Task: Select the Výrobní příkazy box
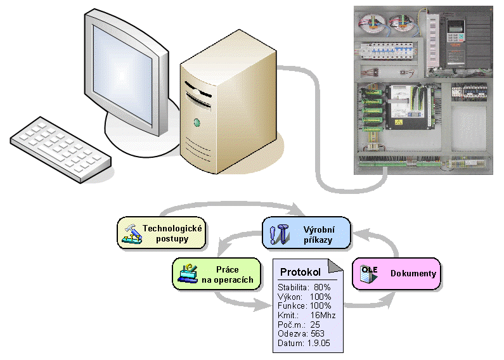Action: (x=307, y=233)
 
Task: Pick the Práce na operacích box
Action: (x=216, y=274)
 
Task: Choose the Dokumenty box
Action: (x=396, y=274)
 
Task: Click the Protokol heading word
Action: (x=300, y=272)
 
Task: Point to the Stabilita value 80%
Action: (x=322, y=287)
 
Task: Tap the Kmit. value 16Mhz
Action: (x=323, y=315)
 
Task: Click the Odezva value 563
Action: (x=318, y=333)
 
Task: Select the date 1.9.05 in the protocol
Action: (x=321, y=343)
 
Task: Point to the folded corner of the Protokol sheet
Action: (x=336, y=265)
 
